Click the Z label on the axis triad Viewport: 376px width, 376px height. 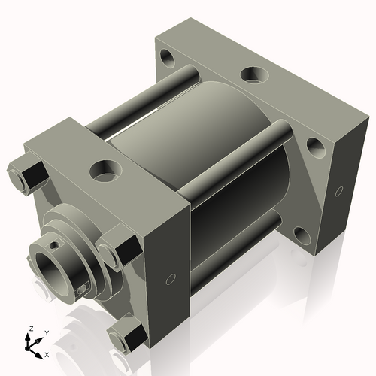[x=30, y=329]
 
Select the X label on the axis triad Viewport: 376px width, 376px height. [x=47, y=353]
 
